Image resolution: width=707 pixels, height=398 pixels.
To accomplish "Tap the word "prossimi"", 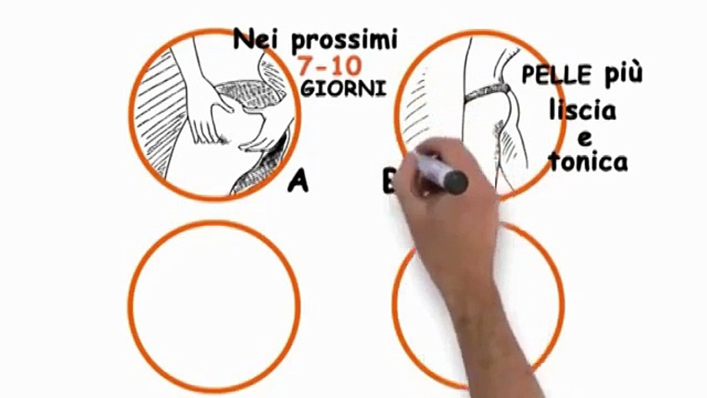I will click(344, 41).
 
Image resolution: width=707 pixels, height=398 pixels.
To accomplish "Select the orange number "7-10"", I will click(330, 66).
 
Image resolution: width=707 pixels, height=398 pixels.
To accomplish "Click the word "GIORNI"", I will click(342, 89).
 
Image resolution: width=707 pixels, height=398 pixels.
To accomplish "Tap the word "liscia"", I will click(582, 111).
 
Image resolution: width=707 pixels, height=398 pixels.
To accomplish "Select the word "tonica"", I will click(588, 161).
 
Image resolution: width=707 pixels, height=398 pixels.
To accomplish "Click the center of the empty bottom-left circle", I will click(214, 306).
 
